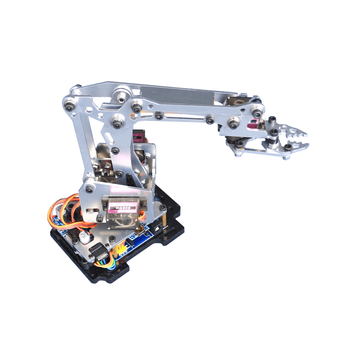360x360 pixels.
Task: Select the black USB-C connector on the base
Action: coord(99,252)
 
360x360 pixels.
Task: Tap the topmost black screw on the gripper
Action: coord(273,119)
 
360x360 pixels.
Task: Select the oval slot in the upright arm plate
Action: coord(109,138)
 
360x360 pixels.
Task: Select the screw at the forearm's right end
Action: coord(257,110)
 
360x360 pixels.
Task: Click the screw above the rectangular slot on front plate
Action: coord(89,188)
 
